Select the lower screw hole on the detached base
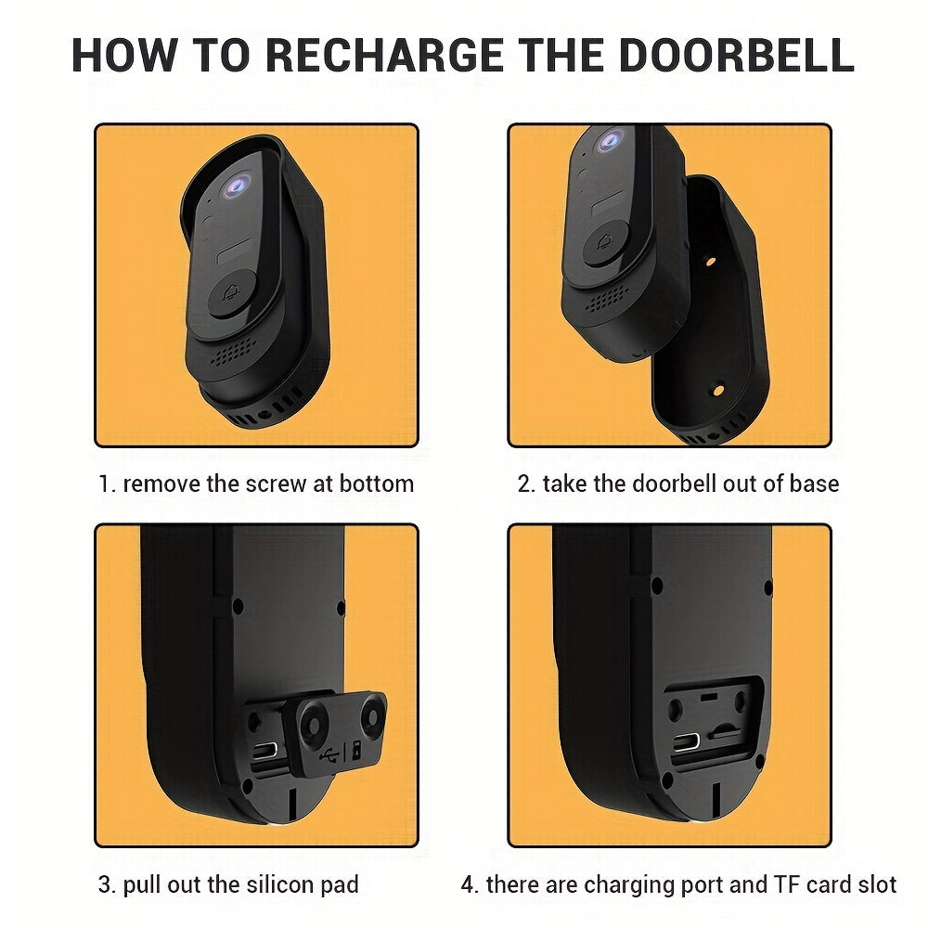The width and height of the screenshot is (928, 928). click(717, 393)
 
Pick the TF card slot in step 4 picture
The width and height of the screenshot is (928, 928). click(725, 732)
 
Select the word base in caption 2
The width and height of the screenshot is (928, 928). click(816, 483)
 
